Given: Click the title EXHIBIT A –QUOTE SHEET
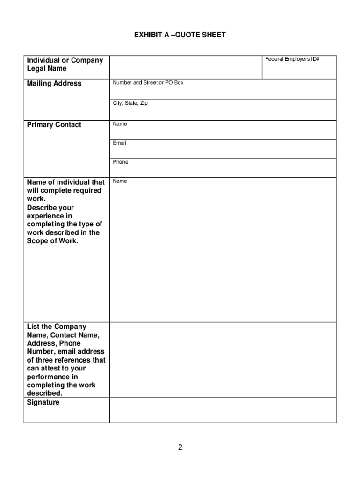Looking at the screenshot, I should pos(180,35).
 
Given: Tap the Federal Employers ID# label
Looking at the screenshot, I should pos(292,59).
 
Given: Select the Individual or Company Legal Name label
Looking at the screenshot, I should pos(65,65).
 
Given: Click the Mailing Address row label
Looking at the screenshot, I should pos(54,84).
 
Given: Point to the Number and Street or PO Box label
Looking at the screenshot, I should pos(148,83).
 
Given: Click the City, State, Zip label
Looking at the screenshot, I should pos(130,103).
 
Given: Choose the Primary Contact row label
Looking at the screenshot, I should pos(54,125).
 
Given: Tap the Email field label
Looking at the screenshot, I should pos(119,143).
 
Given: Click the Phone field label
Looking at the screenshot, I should pos(120,162).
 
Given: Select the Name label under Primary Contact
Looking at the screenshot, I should pos(120,124).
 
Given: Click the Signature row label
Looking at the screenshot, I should pos(43,402).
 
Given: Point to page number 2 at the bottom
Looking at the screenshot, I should pos(180,447).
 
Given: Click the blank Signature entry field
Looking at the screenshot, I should pos(223,411).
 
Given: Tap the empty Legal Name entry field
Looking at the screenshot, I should pos(186,67).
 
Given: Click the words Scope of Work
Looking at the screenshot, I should pos(53,241).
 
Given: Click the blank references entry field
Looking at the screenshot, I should pos(223,360).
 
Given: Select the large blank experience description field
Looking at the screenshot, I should pos(223,262).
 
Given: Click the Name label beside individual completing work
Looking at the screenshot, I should pos(120,181).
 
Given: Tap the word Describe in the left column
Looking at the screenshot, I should pos(43,208).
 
